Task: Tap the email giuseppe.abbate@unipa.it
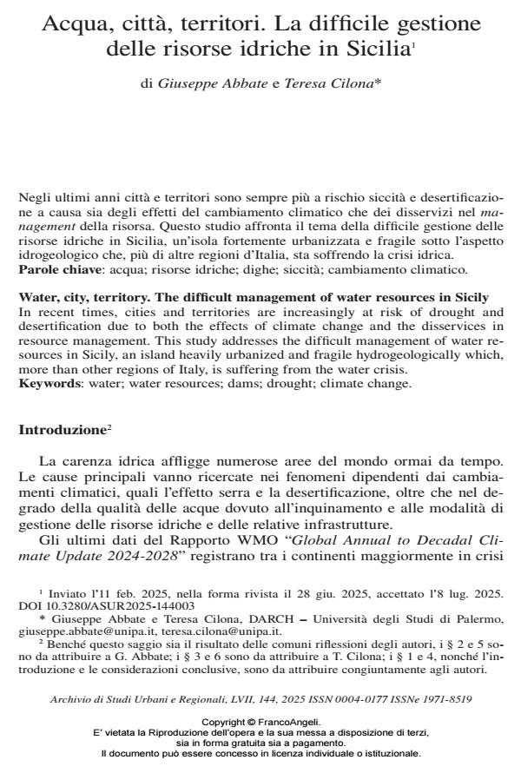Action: click(76, 630)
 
